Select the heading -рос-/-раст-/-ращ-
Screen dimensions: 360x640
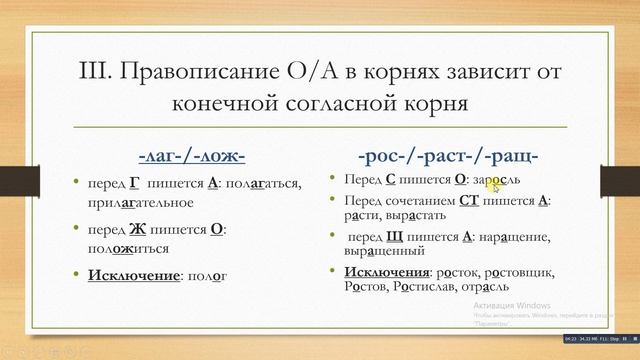[x=448, y=156]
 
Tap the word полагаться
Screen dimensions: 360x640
[x=263, y=186]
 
